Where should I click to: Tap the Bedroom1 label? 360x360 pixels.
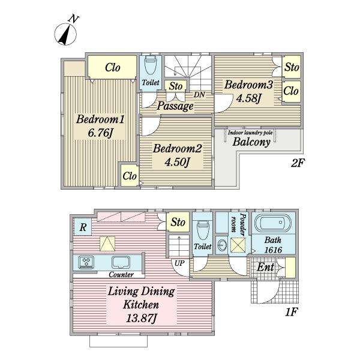point(100,119)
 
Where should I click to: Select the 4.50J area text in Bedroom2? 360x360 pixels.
point(177,162)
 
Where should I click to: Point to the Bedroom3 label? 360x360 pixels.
point(248,85)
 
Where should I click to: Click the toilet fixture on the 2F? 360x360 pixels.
point(151,65)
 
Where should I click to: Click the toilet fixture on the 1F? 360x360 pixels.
point(203,230)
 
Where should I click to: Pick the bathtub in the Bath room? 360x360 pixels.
point(273,223)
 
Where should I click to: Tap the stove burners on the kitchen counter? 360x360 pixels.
point(86,262)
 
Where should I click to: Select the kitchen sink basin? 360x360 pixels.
point(121,262)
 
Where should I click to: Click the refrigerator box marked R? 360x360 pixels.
point(83,227)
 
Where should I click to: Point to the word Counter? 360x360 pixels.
point(121,274)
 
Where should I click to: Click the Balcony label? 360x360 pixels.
point(251,142)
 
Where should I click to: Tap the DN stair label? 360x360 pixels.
point(199,95)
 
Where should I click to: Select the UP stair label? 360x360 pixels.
point(179,263)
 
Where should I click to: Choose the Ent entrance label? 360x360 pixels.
point(265,267)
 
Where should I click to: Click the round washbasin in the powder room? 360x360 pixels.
point(222,245)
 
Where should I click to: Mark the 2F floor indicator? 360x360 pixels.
point(297,163)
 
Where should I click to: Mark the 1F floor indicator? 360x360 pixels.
point(291,312)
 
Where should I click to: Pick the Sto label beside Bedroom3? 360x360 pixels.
point(292,67)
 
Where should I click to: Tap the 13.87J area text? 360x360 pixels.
point(141,318)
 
